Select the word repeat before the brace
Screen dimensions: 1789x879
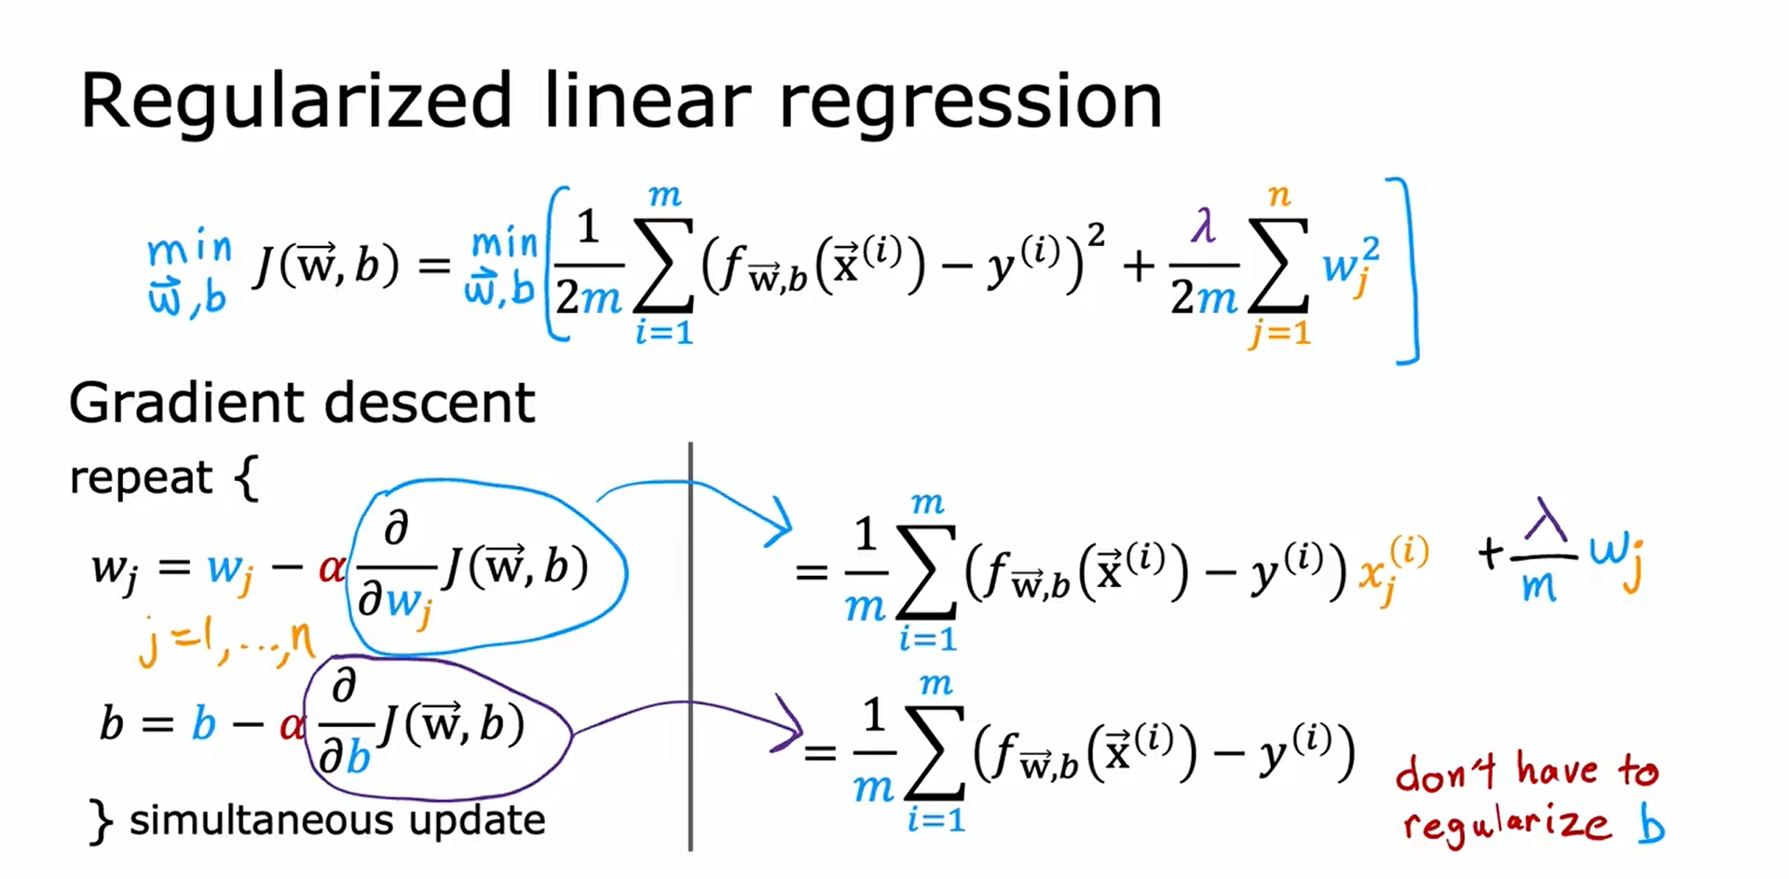pos(141,477)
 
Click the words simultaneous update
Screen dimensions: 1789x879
pos(336,820)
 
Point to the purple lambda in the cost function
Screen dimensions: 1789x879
pos(1203,227)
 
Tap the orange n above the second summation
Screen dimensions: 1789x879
pos(1278,196)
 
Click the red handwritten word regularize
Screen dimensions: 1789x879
pos(1506,824)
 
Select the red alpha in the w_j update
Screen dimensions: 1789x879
pos(331,567)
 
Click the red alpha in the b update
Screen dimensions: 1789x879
pos(292,724)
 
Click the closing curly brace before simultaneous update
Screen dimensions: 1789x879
pos(101,821)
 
